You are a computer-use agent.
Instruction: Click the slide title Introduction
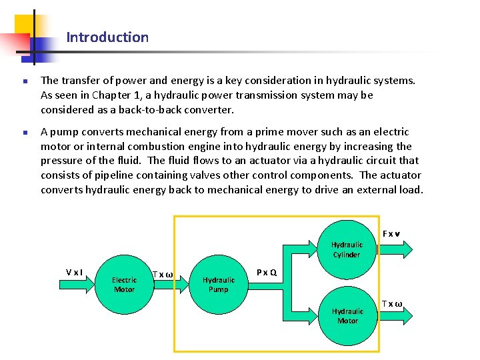tap(107, 37)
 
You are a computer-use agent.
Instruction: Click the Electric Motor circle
tap(124, 285)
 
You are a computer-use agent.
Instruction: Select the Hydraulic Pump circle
tap(219, 285)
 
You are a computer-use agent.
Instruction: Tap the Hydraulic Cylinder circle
tap(347, 249)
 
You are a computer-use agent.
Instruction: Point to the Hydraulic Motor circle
tap(347, 316)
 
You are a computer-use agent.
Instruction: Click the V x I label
tap(74, 272)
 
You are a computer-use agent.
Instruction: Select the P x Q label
tap(267, 272)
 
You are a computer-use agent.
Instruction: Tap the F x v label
tap(391, 234)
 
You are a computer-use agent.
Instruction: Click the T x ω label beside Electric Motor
tap(163, 275)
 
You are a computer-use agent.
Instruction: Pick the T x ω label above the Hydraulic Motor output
tap(392, 304)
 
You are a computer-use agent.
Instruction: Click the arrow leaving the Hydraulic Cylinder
tap(396, 249)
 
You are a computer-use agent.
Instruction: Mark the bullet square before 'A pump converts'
tap(23, 133)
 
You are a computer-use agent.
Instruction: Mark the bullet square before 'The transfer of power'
tap(23, 81)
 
